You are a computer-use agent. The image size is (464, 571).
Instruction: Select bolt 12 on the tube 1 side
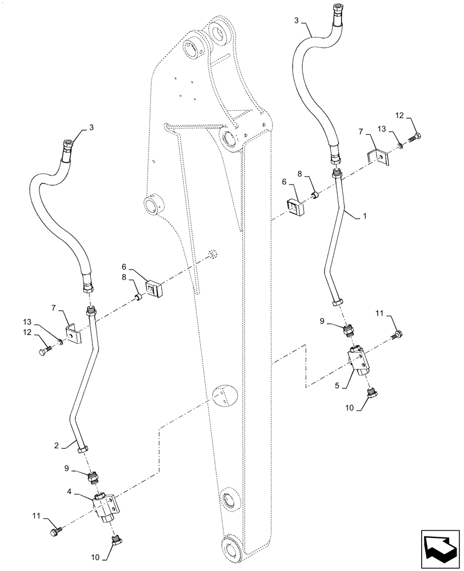(x=416, y=137)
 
